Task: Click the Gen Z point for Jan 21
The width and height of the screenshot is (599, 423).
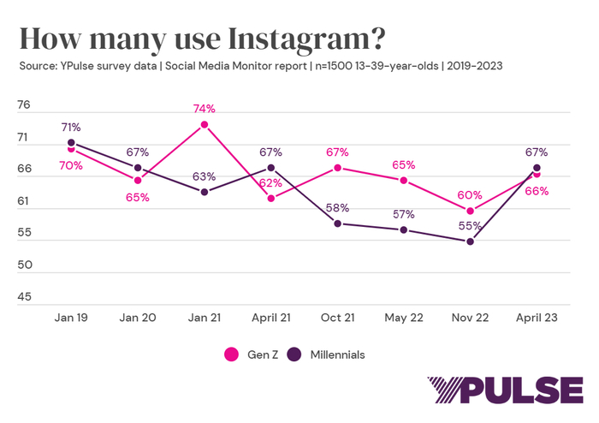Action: (205, 125)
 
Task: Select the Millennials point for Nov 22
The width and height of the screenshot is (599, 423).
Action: (471, 241)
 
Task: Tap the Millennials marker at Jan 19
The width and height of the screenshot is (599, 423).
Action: (71, 143)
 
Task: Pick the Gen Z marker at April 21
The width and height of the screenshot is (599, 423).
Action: (271, 199)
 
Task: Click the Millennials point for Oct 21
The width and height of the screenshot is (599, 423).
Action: (338, 223)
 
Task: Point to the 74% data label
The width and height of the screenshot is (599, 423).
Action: (205, 109)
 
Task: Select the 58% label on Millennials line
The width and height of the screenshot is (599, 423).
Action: (337, 207)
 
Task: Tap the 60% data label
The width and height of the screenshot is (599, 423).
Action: (470, 194)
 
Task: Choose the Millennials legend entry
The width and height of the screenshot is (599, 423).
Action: (329, 353)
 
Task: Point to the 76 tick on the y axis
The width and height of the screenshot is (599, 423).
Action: (24, 105)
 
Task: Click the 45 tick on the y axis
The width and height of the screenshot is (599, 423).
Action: (24, 297)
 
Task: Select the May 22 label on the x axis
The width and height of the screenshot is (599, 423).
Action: (404, 317)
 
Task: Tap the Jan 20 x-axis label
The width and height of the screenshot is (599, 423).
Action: (138, 317)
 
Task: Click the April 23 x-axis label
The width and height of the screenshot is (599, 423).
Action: (537, 317)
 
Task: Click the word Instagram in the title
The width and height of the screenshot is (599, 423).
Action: (294, 39)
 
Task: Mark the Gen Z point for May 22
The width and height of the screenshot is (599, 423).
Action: (404, 181)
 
